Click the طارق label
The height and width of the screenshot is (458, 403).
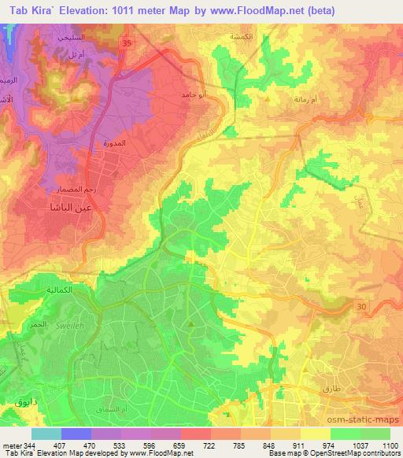pyautogui.click(x=332, y=388)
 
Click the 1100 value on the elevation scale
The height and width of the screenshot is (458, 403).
pyautogui.click(x=390, y=445)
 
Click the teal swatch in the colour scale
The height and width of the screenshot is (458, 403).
pyautogui.click(x=46, y=434)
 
